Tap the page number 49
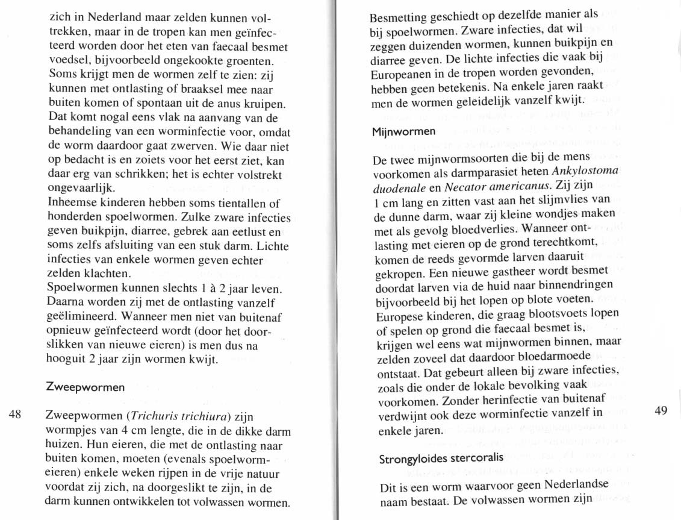(x=661, y=410)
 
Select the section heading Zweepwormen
(x=86, y=387)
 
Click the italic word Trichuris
(x=154, y=416)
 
